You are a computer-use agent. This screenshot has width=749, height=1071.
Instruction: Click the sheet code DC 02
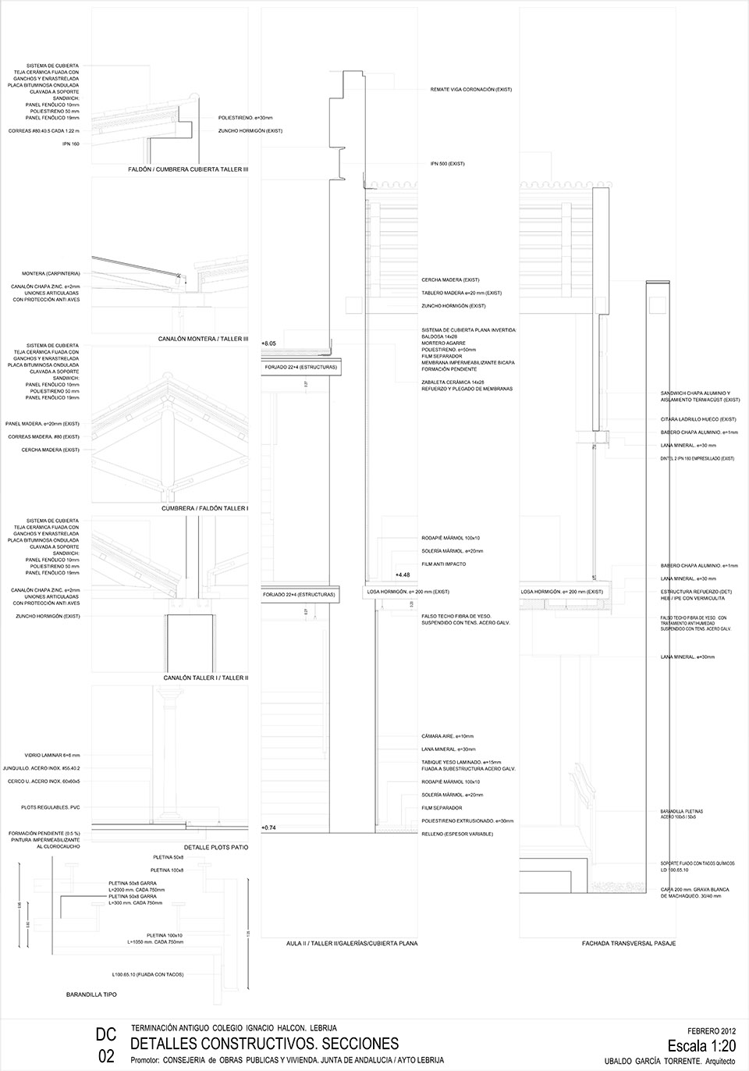pyautogui.click(x=106, y=1045)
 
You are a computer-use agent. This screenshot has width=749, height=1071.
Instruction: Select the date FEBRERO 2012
pyautogui.click(x=712, y=1030)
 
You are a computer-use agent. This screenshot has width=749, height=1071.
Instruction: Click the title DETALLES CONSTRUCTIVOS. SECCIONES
pyautogui.click(x=264, y=1044)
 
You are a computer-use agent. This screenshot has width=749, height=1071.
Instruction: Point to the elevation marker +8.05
pyautogui.click(x=268, y=343)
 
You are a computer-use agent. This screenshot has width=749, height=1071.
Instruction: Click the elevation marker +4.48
pyautogui.click(x=403, y=575)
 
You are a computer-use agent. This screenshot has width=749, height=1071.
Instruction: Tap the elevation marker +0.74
pyautogui.click(x=268, y=827)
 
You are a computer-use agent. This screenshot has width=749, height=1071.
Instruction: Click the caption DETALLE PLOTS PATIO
pyautogui.click(x=215, y=847)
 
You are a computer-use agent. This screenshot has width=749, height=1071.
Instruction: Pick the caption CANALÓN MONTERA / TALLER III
pyautogui.click(x=202, y=339)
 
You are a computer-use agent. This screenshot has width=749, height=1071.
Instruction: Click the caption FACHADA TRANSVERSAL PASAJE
pyautogui.click(x=628, y=944)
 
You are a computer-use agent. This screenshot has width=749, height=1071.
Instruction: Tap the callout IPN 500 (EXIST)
pyautogui.click(x=447, y=164)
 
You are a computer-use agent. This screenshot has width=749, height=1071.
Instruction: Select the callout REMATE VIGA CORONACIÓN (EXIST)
pyautogui.click(x=470, y=90)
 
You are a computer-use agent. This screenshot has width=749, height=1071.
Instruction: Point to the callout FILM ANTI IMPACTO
pyautogui.click(x=443, y=564)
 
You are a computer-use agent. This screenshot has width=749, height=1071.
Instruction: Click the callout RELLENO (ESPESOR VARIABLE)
pyautogui.click(x=457, y=834)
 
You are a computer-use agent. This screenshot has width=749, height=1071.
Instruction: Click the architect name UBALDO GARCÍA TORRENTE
pyautogui.click(x=653, y=1060)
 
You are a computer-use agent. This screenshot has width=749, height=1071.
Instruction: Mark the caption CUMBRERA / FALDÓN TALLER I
pyautogui.click(x=204, y=508)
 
